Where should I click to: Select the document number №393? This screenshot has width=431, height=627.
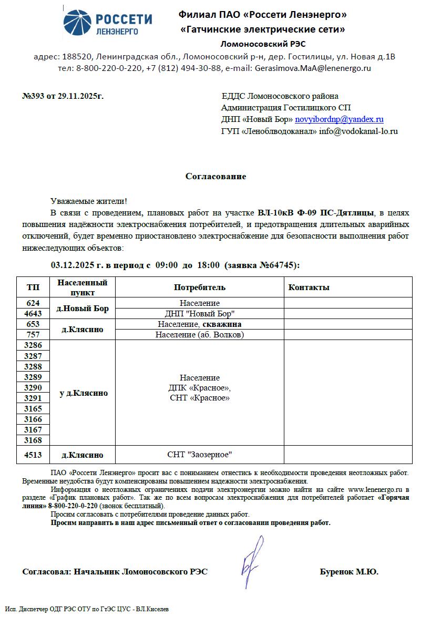(34, 96)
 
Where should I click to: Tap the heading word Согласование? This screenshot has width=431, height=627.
(215, 177)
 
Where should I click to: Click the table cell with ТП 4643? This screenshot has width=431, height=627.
(33, 314)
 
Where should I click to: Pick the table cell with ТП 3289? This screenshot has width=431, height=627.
(33, 377)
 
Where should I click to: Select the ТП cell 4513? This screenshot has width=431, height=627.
(33, 455)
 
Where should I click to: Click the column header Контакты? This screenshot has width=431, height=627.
(309, 287)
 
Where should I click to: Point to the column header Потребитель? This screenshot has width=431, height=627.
(200, 287)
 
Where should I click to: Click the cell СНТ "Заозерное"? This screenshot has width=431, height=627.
(200, 455)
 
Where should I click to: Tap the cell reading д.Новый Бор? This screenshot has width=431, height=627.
(83, 309)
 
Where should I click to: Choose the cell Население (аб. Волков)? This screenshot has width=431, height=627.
(200, 335)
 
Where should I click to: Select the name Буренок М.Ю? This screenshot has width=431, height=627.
(349, 572)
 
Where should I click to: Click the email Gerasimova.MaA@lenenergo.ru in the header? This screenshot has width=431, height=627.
(313, 68)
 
